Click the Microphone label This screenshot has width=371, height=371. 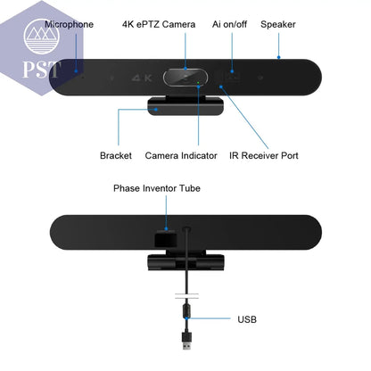coord(70,24)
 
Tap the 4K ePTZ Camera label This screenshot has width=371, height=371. coord(159,24)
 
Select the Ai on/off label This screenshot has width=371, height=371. coord(229,24)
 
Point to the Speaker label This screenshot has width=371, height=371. coord(278,25)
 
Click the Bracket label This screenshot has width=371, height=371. coord(116,155)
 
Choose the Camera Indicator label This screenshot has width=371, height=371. coord(181,155)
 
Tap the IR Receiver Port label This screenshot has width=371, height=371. coord(264,155)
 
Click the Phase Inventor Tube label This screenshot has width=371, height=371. coord(157,188)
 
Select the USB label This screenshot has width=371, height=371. coord(247,319)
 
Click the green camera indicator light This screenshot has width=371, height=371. coord(198,82)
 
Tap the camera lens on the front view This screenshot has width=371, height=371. coord(185,78)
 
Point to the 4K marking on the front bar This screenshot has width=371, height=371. coord(142,78)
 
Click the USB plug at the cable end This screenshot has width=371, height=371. coord(186,341)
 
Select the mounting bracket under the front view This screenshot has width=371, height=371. coord(185,106)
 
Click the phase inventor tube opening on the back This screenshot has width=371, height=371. coord(166,238)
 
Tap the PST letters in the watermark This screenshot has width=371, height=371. coord(42,69)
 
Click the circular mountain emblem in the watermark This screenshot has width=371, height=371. coord(41,37)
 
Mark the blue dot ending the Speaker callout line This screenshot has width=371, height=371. coord(278,57)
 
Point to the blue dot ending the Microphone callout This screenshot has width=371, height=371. coord(76,70)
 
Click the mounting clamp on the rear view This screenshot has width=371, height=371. coord(186,260)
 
